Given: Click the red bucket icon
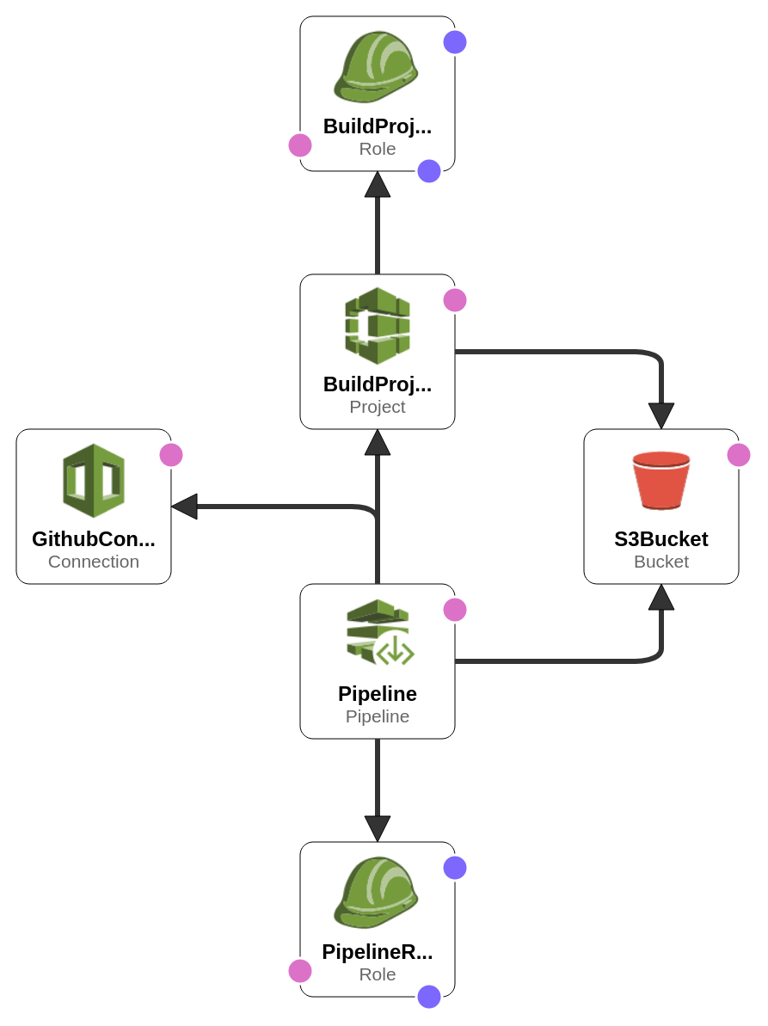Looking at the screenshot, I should click(660, 480).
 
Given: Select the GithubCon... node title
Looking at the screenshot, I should click(94, 539).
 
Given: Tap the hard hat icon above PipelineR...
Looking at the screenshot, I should click(376, 892).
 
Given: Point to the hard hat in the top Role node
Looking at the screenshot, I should click(376, 66).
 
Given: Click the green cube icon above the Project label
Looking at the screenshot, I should click(378, 325).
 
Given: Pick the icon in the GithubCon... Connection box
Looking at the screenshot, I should click(94, 480).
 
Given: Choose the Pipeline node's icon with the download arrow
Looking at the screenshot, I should click(379, 632).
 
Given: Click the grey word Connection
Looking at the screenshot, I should click(94, 562).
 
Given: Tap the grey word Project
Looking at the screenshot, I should click(378, 407).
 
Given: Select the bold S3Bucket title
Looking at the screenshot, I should click(660, 539).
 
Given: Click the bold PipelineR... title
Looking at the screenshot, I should click(378, 952).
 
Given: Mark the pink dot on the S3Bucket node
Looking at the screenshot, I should click(739, 455).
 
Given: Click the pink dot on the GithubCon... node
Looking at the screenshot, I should click(171, 455).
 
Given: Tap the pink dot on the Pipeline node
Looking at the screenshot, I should click(455, 610).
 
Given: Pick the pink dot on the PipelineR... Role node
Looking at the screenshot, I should click(300, 971).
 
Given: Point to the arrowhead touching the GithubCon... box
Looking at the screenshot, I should click(185, 507).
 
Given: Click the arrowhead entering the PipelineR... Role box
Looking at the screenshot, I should click(378, 828).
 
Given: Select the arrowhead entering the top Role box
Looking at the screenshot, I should click(378, 185).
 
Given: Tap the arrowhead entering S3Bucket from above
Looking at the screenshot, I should click(660, 415).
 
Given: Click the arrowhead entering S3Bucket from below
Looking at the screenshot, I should click(660, 598).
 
